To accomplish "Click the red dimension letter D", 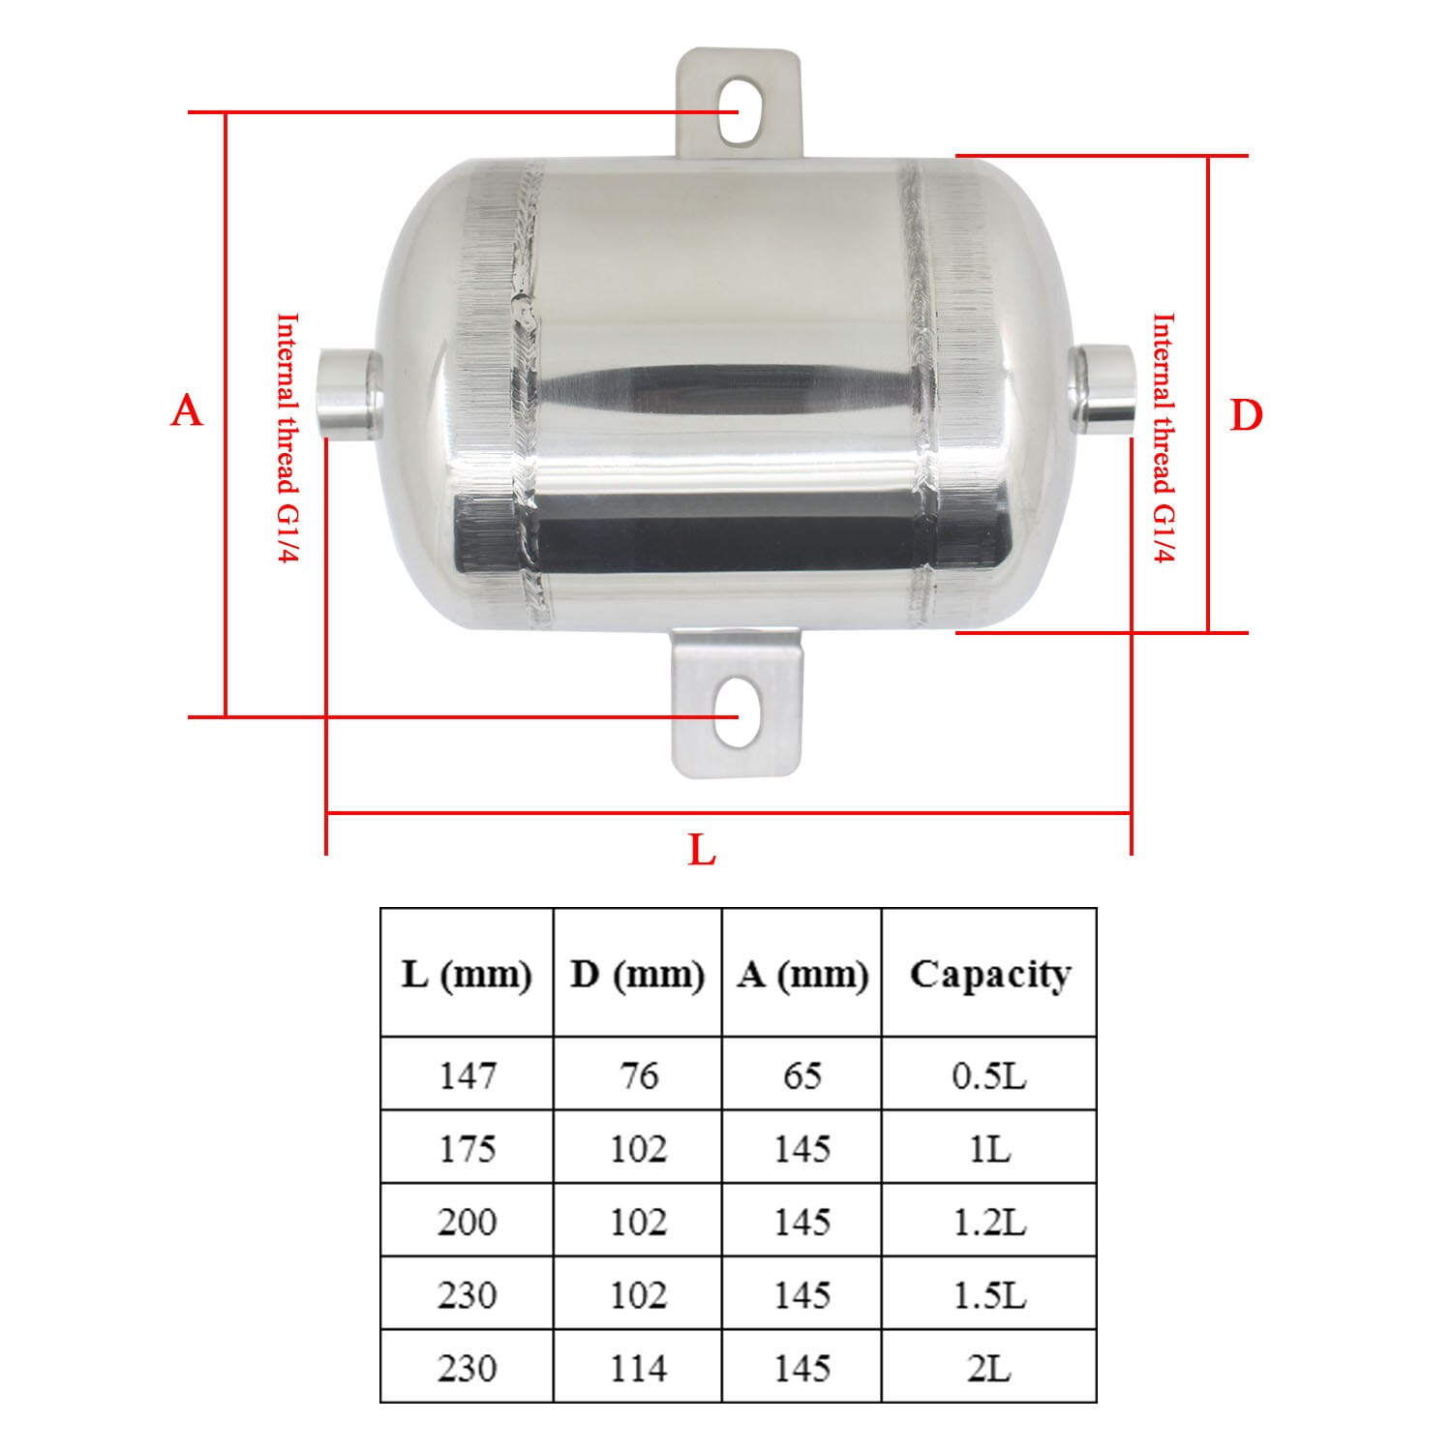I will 1246,417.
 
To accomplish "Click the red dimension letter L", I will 702,852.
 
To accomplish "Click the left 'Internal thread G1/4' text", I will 287,439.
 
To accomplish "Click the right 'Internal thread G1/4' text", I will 1164,439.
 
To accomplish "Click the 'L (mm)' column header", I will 467,974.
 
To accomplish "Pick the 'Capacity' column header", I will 989,974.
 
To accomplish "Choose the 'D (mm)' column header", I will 637,974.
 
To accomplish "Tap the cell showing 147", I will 467,1074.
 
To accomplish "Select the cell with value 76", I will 638,1074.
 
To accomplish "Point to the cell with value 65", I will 802,1074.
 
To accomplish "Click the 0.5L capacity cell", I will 989,1074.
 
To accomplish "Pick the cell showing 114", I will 638,1368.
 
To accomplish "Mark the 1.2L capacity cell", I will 989,1222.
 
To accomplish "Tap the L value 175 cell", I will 467,1148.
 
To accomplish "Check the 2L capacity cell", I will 989,1368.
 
